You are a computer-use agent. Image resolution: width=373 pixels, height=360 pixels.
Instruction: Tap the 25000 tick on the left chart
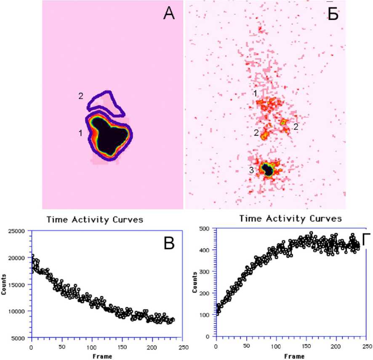click(x=17, y=231)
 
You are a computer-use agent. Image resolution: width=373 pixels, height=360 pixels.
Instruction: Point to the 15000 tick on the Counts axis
click(x=17, y=284)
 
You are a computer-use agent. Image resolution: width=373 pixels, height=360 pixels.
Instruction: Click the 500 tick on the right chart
click(x=204, y=228)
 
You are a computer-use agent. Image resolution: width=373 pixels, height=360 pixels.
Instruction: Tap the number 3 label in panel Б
click(x=251, y=170)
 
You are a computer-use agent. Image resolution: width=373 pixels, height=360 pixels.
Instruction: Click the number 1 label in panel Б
click(x=256, y=93)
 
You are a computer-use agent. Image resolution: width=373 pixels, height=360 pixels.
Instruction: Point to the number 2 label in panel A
click(x=80, y=96)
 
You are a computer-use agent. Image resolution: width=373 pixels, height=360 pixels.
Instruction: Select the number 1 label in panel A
click(x=80, y=133)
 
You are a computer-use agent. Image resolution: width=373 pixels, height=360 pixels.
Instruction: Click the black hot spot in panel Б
click(x=267, y=169)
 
